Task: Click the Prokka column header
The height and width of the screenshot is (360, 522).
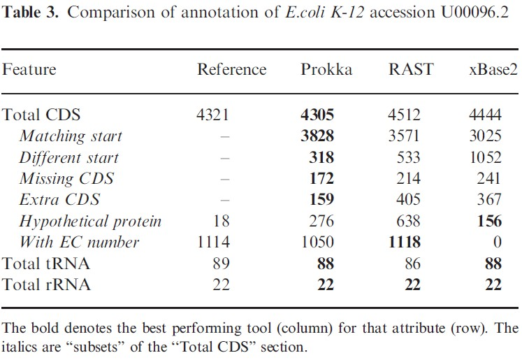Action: pyautogui.click(x=327, y=69)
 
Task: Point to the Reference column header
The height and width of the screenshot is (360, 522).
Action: pyautogui.click(x=232, y=69)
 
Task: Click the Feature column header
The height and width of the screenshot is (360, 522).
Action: pyautogui.click(x=30, y=69)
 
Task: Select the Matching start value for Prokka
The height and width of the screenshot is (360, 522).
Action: pyautogui.click(x=317, y=136)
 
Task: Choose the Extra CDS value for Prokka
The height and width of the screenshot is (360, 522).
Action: pyautogui.click(x=321, y=200)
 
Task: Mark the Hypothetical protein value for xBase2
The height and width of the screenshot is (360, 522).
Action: pyautogui.click(x=490, y=222)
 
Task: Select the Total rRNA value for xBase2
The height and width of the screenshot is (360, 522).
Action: pyautogui.click(x=493, y=285)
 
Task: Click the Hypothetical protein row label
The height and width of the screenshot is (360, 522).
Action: pyautogui.click(x=91, y=222)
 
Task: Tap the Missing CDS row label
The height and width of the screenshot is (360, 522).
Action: pyautogui.click(x=66, y=179)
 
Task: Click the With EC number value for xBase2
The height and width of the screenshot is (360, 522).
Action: pyautogui.click(x=497, y=243)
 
